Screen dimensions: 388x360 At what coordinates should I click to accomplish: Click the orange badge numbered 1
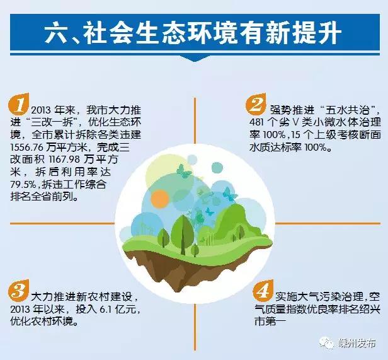[x=18, y=103]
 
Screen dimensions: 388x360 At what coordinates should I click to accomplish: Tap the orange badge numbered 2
[x=256, y=103]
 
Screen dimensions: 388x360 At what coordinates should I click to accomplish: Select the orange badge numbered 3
[x=18, y=290]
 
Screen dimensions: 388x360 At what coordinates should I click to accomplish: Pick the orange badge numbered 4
[x=263, y=290]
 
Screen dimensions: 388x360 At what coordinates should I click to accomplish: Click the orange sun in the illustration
[x=160, y=199]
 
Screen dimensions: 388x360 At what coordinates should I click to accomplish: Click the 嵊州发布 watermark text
[x=357, y=344]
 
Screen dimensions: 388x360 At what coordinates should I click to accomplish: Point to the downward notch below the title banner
[x=195, y=59]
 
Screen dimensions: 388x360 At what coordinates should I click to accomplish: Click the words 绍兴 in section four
[x=368, y=310]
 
